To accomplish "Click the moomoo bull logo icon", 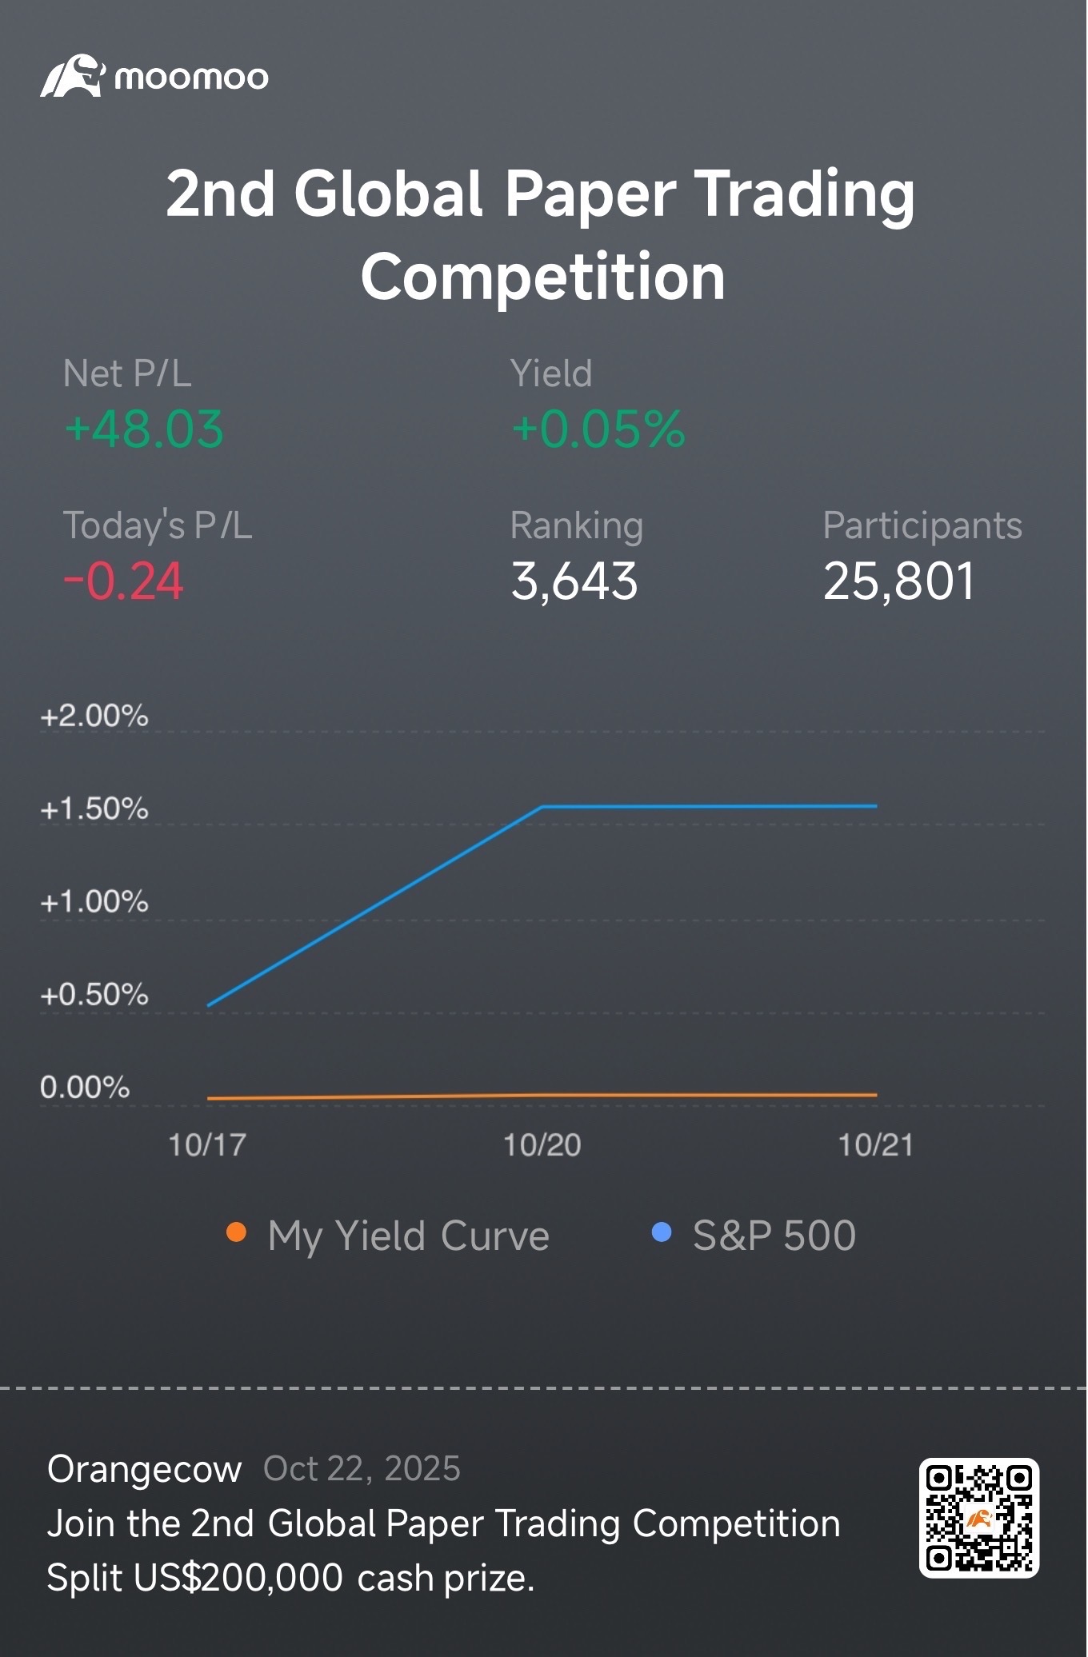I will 72,77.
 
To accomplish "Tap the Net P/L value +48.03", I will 144,429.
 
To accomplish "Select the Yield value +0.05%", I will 598,429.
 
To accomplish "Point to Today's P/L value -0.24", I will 124,581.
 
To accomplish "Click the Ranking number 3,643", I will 574,581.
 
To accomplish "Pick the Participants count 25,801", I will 899,581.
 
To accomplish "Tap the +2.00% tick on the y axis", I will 94,716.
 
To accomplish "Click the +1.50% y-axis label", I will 94,809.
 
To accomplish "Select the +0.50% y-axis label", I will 94,995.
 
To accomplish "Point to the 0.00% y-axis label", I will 85,1088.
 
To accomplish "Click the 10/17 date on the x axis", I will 207,1145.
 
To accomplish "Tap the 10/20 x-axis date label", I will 542,1145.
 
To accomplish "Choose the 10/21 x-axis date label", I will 876,1145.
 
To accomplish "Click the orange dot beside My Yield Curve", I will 236,1232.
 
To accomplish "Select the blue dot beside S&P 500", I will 662,1232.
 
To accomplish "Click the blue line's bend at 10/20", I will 542,807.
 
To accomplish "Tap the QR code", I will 978,1518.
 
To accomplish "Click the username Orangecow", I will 145,1469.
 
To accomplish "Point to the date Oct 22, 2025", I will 362,1469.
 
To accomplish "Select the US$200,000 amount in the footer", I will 238,1578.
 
